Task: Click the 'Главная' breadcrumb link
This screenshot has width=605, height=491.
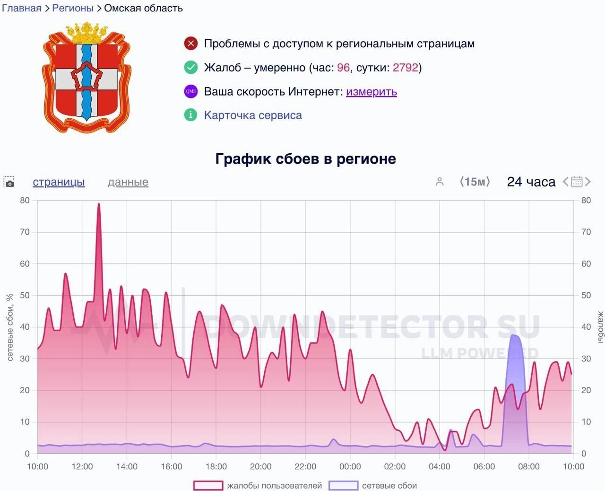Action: (x=22, y=8)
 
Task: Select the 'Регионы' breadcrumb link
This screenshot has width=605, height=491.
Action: (x=73, y=8)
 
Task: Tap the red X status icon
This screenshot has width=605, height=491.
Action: (x=190, y=44)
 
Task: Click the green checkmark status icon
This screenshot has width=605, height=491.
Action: (x=190, y=68)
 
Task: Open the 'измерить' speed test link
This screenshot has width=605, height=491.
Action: (x=371, y=92)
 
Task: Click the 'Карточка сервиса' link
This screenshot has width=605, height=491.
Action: (x=253, y=115)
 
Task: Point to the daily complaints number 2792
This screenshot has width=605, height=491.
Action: (x=406, y=68)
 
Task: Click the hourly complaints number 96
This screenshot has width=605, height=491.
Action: (x=343, y=68)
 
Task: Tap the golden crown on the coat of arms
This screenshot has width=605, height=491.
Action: (x=87, y=33)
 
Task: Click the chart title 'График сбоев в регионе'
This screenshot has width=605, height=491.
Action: (x=305, y=159)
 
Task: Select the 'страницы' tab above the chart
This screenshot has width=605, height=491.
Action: (x=59, y=182)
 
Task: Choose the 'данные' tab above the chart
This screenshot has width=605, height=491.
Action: (x=128, y=182)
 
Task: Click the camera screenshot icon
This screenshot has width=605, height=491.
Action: (x=9, y=183)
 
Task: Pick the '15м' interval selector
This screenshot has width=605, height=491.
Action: (x=475, y=182)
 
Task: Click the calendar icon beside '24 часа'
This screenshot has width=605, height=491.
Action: (x=577, y=182)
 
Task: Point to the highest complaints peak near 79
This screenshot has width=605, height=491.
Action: (x=99, y=204)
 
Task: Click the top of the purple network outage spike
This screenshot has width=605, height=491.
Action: (x=514, y=335)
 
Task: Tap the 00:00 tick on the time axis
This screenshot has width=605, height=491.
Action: (x=350, y=467)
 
